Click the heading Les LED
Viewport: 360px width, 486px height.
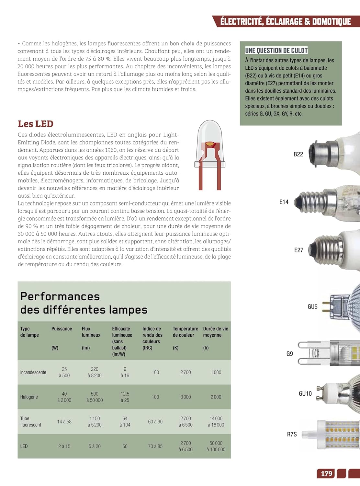(36, 124)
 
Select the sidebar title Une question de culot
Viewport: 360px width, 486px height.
(276, 50)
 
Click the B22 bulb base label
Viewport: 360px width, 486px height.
(298, 154)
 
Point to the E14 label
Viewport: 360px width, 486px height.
(284, 202)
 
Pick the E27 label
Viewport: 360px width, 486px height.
(299, 250)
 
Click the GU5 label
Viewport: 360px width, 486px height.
(312, 307)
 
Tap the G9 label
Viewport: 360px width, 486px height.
(289, 354)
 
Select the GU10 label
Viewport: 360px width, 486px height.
(305, 394)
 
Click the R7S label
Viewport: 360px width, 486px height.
(292, 434)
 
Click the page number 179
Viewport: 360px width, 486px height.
(326, 474)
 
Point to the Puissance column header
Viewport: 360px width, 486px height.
(62, 329)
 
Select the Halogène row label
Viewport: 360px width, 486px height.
(29, 397)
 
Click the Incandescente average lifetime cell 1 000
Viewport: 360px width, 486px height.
(216, 372)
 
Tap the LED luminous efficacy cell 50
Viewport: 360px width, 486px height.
(125, 446)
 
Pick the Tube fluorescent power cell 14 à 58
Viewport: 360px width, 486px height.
(64, 422)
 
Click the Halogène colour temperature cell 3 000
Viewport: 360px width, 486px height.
(186, 397)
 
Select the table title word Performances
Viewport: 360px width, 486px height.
(60, 296)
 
